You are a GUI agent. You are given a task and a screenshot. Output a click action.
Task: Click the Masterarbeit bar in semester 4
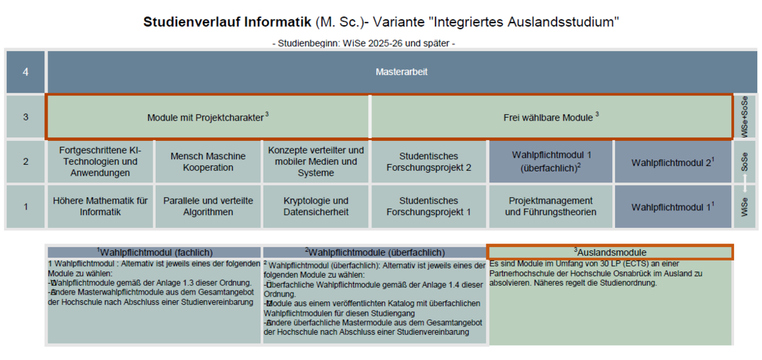tap(402, 72)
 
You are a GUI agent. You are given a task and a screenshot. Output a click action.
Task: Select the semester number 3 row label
tap(25, 117)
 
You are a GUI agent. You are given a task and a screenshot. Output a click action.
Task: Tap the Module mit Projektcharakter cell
tap(208, 117)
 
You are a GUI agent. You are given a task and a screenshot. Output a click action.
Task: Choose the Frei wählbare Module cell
tap(551, 117)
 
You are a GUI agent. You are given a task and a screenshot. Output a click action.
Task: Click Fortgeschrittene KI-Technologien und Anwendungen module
tap(101, 161)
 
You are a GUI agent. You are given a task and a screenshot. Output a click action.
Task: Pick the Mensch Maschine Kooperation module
tap(208, 161)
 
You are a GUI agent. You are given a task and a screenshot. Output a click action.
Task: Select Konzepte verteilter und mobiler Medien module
tap(316, 161)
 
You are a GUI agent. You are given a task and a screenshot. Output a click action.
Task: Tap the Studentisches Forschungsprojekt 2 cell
tap(429, 161)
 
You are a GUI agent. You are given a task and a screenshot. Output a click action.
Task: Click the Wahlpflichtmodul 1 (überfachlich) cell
tap(550, 161)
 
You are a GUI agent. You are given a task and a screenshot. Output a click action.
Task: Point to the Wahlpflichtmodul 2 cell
tap(673, 161)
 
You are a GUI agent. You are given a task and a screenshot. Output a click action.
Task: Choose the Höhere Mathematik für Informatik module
tap(101, 206)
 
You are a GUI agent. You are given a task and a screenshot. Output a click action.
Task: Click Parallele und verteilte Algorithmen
tap(208, 206)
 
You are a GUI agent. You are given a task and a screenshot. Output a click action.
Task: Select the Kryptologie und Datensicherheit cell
tap(316, 206)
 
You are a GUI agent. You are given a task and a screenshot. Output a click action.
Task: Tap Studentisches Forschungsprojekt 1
tap(429, 206)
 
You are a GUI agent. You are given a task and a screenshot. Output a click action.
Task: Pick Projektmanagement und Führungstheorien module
tap(550, 206)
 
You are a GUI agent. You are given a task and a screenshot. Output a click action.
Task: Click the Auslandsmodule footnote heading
tap(610, 252)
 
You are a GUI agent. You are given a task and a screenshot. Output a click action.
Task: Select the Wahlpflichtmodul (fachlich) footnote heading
tap(154, 252)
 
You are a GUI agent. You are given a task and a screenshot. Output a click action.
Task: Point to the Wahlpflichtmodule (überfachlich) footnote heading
tap(375, 252)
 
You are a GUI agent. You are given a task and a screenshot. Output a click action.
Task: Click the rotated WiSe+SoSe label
tap(744, 117)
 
